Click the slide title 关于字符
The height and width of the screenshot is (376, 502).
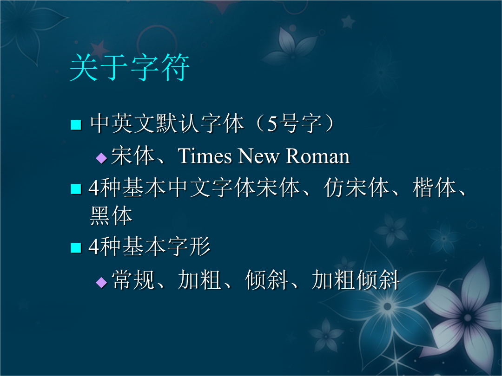point(129,67)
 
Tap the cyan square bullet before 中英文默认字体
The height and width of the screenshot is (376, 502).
point(76,125)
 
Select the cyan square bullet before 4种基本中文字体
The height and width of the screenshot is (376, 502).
point(76,188)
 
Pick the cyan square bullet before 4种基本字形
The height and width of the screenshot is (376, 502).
point(76,248)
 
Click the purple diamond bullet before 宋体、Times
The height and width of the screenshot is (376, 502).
point(101,158)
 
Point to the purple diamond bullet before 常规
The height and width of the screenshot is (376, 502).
point(101,282)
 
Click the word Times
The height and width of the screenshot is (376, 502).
point(205,156)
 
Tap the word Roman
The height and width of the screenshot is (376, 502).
point(317,156)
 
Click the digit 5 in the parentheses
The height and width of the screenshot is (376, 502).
point(272,124)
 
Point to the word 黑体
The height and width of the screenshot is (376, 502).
point(111,215)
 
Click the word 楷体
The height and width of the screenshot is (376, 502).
point(434,188)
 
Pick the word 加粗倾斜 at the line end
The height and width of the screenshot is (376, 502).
point(356,280)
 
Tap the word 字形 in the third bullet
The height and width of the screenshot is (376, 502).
point(189,246)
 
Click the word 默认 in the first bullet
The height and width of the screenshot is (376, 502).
point(178,123)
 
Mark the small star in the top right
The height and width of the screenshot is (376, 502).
point(348,22)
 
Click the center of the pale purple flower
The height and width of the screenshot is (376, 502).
point(467,318)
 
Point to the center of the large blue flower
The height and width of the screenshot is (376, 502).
point(387,306)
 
